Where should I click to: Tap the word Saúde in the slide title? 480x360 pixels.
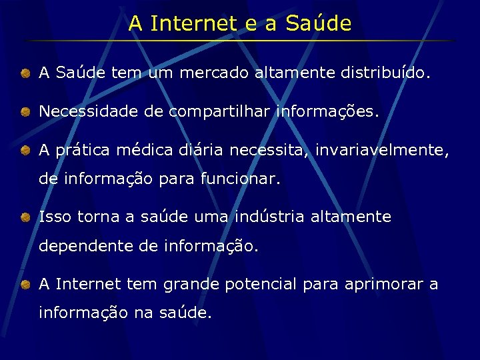(318, 24)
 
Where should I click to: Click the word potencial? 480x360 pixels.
(261, 285)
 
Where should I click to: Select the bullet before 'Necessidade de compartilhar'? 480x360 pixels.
(24, 111)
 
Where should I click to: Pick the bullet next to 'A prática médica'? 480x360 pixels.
(24, 151)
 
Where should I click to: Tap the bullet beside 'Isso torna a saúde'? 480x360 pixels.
(24, 217)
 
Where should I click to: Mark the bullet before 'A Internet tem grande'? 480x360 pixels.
(24, 285)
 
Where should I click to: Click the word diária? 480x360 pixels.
(203, 151)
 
